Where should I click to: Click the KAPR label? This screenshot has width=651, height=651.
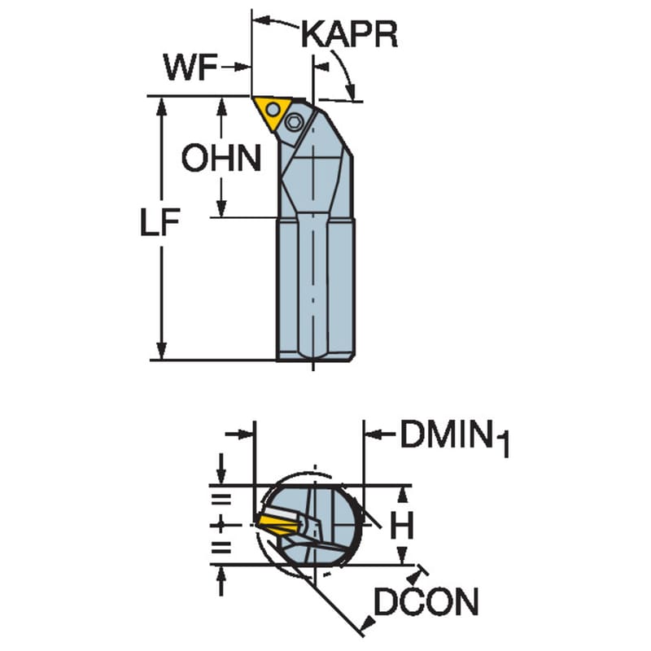tap(349, 34)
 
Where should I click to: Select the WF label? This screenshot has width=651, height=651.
tap(191, 67)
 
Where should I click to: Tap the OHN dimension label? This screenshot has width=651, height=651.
tap(221, 158)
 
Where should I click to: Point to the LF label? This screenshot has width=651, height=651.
tap(159, 222)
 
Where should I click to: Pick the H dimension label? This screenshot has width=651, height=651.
tap(402, 525)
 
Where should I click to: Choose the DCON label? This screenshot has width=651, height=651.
tap(426, 601)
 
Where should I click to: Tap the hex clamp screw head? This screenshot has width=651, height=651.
tap(295, 123)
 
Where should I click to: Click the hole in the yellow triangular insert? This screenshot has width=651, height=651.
tap(273, 110)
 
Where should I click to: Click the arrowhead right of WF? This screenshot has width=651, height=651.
tap(242, 67)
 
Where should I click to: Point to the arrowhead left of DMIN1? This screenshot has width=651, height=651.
tap(372, 435)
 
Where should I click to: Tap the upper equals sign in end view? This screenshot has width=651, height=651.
tap(221, 499)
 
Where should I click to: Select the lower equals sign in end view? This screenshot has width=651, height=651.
tap(221, 548)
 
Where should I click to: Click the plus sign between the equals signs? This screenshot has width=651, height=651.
tap(221, 526)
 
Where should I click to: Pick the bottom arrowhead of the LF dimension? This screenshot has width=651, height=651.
tap(162, 352)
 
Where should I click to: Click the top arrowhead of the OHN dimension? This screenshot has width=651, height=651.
tap(221, 106)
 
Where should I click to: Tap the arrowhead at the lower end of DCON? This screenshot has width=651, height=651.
tap(368, 623)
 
